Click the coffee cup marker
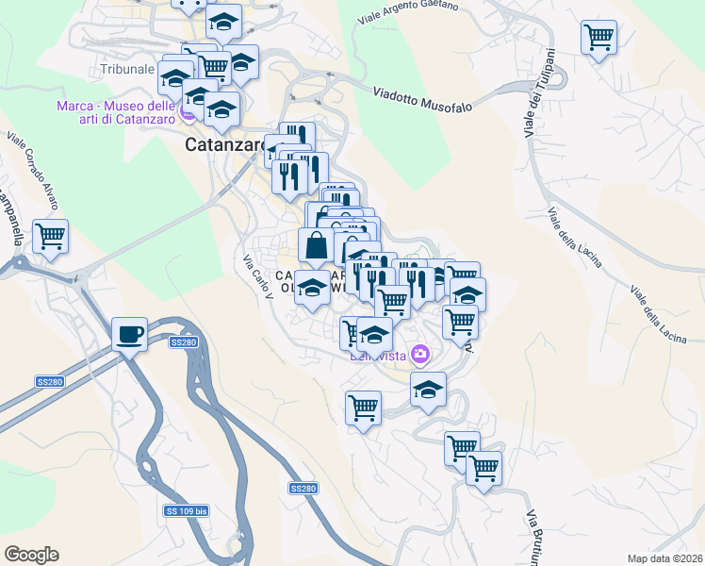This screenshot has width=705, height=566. (x=129, y=334)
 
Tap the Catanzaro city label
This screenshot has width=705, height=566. (x=224, y=146)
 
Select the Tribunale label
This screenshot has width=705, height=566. (x=125, y=70)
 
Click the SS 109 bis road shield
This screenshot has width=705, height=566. (x=186, y=510)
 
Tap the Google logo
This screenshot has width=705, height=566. (x=31, y=555)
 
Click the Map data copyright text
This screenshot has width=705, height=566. (x=665, y=558)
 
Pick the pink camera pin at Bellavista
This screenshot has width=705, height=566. (x=420, y=355)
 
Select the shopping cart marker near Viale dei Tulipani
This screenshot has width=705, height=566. (x=598, y=38)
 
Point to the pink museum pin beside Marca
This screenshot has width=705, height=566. (x=189, y=114)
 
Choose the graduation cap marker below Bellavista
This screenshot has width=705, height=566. (x=428, y=389)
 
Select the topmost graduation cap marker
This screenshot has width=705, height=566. (x=223, y=21)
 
